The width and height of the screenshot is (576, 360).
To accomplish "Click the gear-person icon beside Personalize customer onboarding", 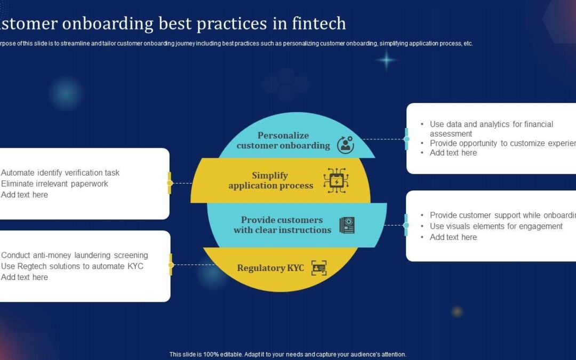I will coord(345,145).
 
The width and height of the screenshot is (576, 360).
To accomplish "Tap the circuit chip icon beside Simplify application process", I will coord(336,180).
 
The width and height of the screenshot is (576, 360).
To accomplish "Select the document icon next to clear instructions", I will coord(347,225).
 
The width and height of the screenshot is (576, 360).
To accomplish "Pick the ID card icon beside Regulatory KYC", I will coord(319,268).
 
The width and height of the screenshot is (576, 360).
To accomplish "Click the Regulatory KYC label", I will coord(270,268).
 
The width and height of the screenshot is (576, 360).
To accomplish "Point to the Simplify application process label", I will coord(270,180).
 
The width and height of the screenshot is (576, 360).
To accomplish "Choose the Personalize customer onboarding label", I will coord(283,140).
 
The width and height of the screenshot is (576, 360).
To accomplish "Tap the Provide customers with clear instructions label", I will coord(282,225).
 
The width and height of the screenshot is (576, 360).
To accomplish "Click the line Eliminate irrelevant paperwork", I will coord(54,184).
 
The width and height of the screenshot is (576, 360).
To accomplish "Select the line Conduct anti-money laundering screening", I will coord(75,255).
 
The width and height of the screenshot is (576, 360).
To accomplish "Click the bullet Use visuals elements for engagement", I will coord(496,226).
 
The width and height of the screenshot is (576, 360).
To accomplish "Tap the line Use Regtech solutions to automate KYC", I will coord(72,266).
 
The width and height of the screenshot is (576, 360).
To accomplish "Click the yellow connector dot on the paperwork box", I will coord(170,183).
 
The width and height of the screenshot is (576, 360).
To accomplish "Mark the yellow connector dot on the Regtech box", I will coord(171,265).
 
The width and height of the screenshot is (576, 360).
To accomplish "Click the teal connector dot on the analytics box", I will coord(406,139).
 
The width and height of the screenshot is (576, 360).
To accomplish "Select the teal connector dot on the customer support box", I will coord(406,225).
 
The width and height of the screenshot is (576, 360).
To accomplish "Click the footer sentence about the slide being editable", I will coord(287,354).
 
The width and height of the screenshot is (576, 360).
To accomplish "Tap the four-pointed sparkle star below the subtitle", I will coord(386,61).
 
